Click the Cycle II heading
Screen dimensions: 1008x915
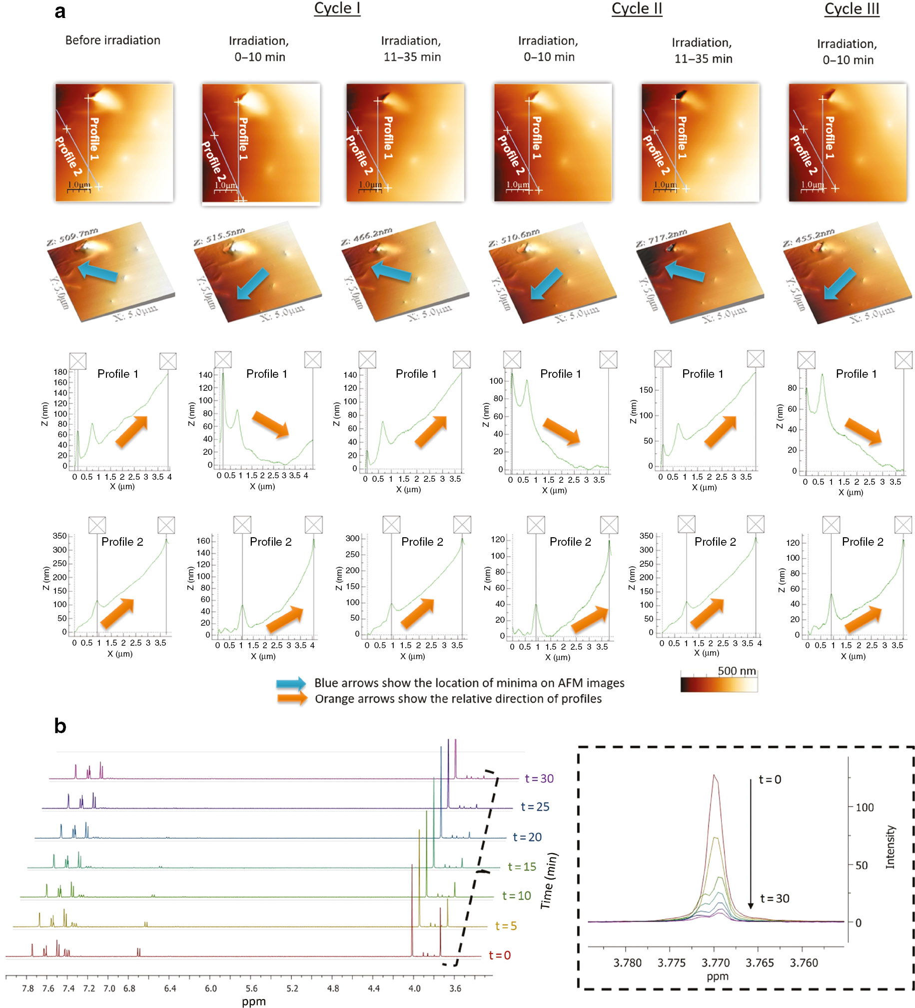[636, 9]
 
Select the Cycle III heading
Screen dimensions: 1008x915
[851, 9]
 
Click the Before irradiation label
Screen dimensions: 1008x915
[112, 40]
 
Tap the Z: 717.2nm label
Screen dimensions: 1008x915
[661, 238]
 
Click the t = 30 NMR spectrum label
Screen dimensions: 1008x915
[539, 779]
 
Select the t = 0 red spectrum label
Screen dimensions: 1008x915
[499, 956]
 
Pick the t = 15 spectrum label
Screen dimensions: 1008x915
[522, 867]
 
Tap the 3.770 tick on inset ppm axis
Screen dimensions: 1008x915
[716, 963]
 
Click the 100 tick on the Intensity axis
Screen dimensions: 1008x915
[864, 808]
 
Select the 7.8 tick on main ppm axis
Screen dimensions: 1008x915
[28, 989]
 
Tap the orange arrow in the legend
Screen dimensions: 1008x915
[292, 699]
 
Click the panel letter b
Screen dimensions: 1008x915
[60, 726]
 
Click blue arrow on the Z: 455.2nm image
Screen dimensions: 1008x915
[840, 283]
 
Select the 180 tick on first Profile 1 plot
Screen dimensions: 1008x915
[60, 372]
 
